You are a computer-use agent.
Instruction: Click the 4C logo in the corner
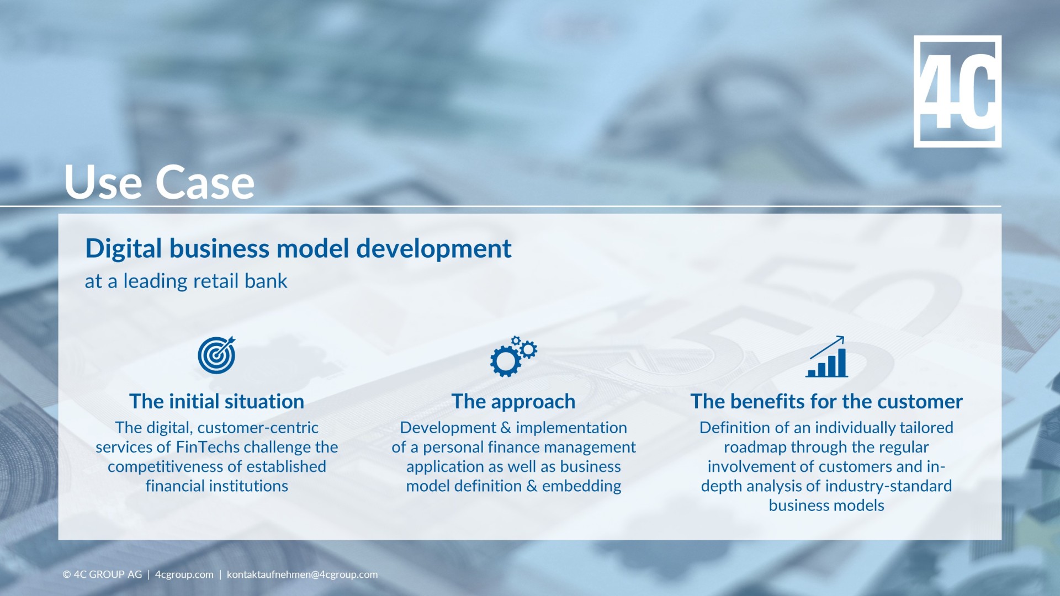(x=957, y=91)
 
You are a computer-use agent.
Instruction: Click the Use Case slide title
(x=159, y=182)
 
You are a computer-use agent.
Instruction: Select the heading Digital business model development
(x=298, y=248)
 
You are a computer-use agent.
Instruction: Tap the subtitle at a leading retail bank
(x=186, y=281)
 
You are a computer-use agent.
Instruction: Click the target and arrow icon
(x=216, y=355)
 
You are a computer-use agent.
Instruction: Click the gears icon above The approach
(x=513, y=356)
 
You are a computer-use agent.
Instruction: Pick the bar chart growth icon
(x=826, y=357)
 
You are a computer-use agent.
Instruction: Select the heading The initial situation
(x=216, y=401)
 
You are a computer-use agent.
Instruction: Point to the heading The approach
(x=513, y=401)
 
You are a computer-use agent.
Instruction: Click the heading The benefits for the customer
(x=826, y=401)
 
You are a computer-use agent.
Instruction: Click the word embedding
(x=581, y=486)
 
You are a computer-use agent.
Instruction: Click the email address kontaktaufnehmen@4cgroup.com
(x=302, y=574)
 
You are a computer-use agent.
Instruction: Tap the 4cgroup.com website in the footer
(x=184, y=574)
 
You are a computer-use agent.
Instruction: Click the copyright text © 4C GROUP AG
(x=102, y=574)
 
